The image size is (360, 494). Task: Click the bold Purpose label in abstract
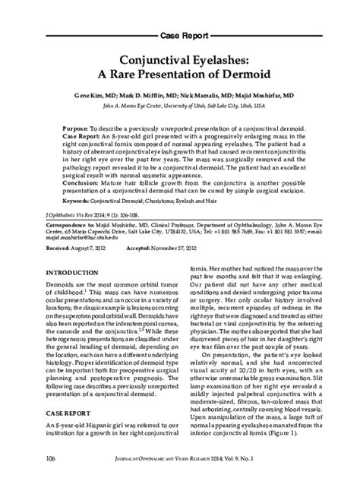click(x=55, y=130)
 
